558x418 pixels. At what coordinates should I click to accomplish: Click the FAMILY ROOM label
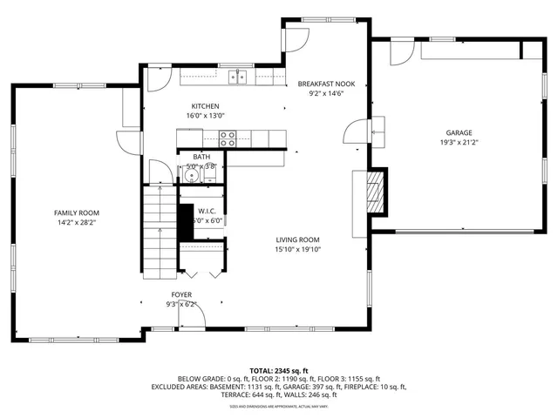pos(77,212)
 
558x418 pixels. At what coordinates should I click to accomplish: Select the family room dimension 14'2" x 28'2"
pos(77,223)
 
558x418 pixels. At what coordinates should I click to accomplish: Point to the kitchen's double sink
pos(238,78)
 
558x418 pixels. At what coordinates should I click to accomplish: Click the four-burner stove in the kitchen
pos(228,136)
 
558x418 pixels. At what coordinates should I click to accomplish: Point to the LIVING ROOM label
pos(298,239)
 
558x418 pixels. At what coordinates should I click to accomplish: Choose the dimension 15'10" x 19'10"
pos(298,250)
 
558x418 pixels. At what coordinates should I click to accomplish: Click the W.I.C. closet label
pos(208,211)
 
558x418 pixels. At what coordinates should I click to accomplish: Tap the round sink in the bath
pos(192,177)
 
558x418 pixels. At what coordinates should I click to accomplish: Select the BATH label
pos(201,157)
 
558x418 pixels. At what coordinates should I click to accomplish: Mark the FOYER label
pos(181,294)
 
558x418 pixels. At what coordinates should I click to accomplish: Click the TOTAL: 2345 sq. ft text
pos(279,371)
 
